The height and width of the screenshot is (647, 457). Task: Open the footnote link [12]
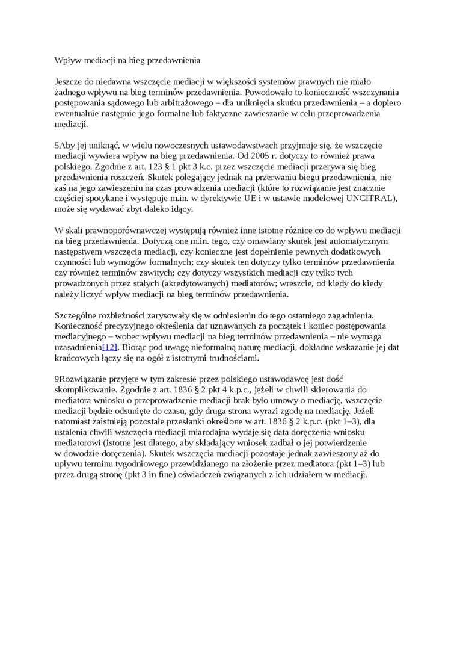coord(110,347)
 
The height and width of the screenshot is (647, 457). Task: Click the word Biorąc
coord(135,347)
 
